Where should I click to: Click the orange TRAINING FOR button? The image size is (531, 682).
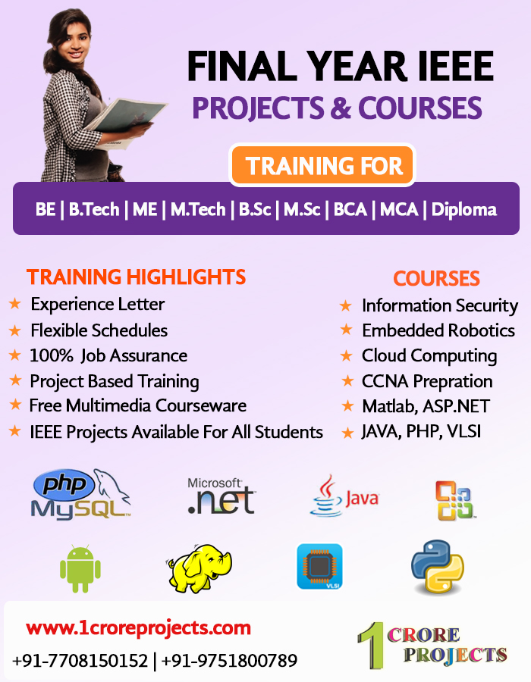tap(322, 165)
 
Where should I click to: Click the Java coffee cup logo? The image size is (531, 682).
tap(343, 496)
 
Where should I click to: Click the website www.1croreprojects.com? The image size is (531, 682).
tap(138, 628)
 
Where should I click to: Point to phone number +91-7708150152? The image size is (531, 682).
tap(80, 661)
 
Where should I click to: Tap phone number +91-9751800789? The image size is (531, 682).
tap(229, 661)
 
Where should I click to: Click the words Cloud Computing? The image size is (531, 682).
tap(429, 355)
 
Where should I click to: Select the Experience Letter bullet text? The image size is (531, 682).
tap(97, 305)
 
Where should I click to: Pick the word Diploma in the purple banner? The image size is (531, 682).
tap(464, 209)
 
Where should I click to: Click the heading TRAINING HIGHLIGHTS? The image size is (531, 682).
tap(137, 277)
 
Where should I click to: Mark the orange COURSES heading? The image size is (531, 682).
tap(436, 278)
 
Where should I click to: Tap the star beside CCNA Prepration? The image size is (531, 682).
tap(347, 381)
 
